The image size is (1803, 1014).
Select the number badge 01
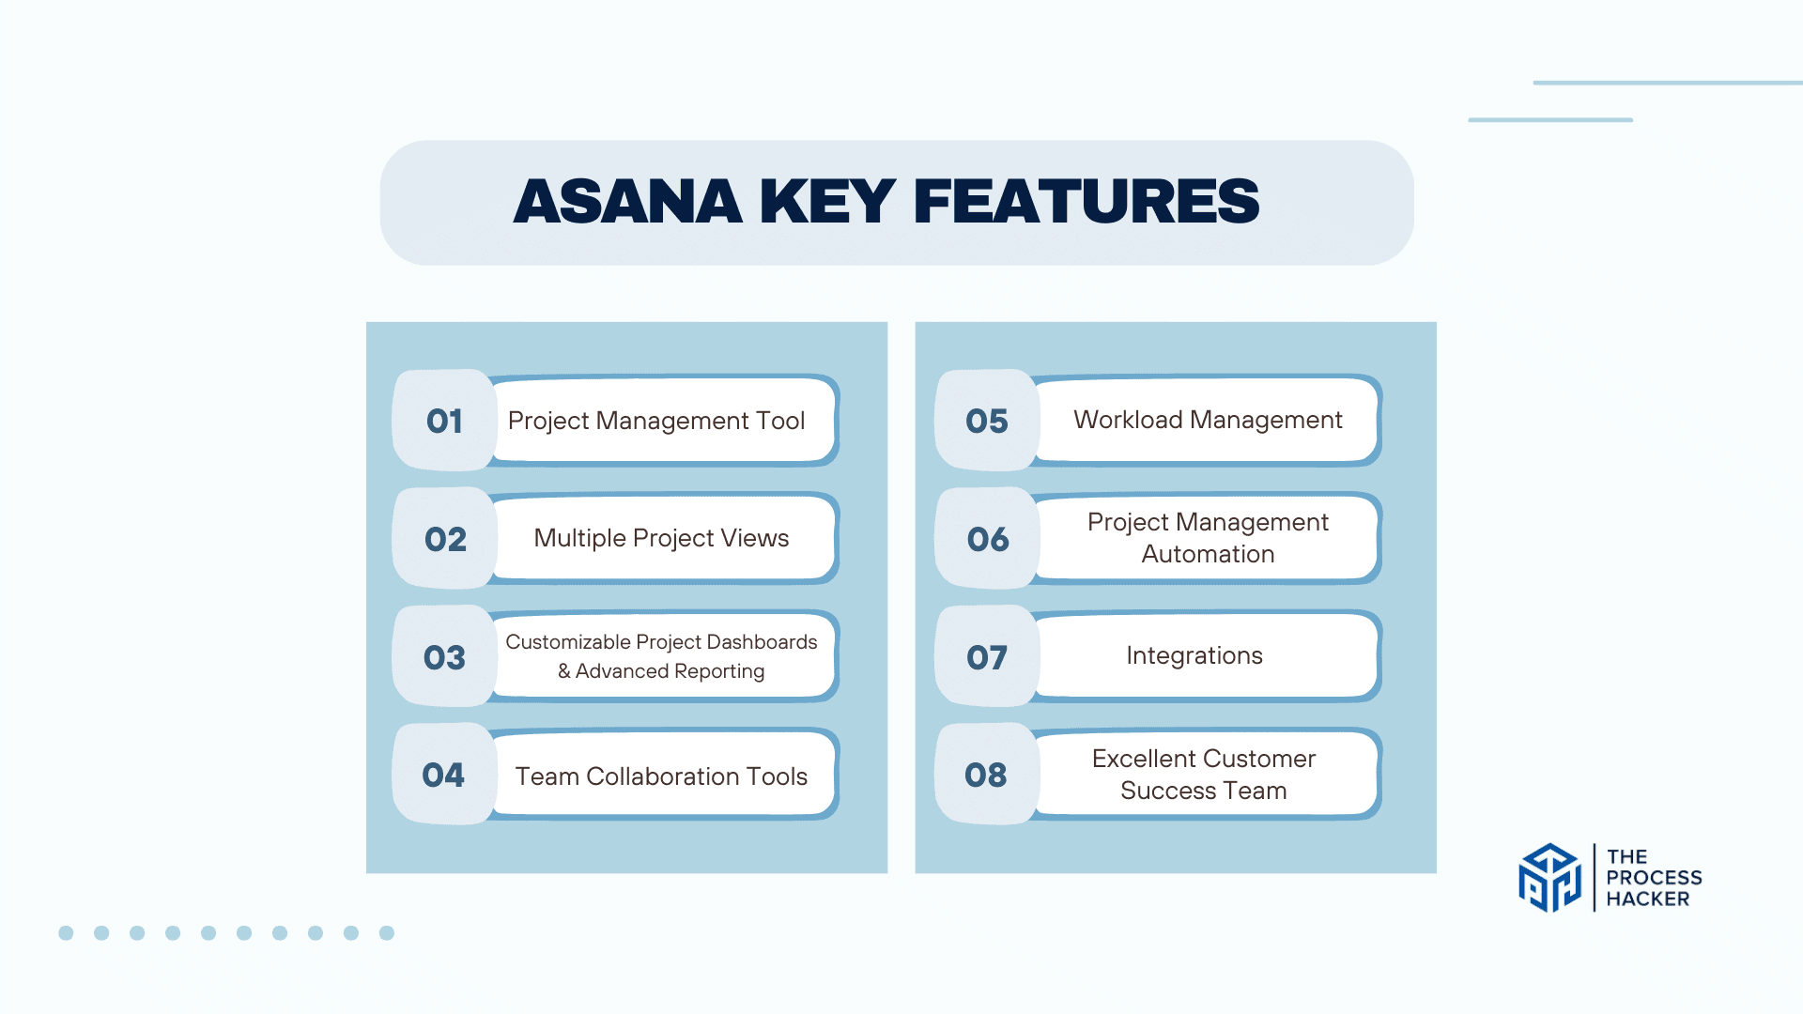(444, 421)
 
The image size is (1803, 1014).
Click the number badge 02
(444, 539)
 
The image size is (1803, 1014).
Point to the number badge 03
(444, 657)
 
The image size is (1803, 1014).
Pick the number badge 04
(444, 775)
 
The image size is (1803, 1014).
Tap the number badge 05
(987, 421)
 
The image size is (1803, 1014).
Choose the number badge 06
(987, 539)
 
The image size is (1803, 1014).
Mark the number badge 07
(987, 657)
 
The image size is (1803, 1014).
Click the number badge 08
(987, 775)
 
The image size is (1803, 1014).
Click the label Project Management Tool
(656, 421)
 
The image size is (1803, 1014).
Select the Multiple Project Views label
(661, 538)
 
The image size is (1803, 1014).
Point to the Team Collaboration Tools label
(661, 776)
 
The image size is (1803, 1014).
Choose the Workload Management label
(1208, 420)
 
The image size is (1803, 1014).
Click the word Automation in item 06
(1208, 554)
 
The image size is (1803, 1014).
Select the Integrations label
(1194, 655)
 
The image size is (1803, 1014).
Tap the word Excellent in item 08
(1143, 759)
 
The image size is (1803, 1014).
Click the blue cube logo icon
(1549, 878)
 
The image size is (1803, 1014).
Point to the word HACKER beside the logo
(1647, 899)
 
